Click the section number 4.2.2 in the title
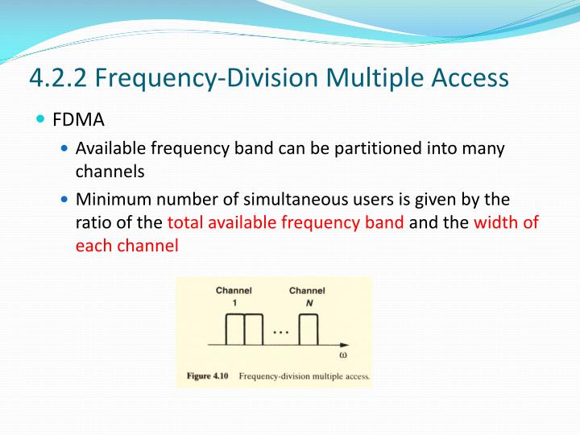[59, 77]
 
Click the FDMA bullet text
[79, 122]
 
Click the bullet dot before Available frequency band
[65, 149]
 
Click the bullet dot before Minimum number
[65, 199]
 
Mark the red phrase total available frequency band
[285, 222]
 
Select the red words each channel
[126, 246]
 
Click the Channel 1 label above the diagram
[234, 295]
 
